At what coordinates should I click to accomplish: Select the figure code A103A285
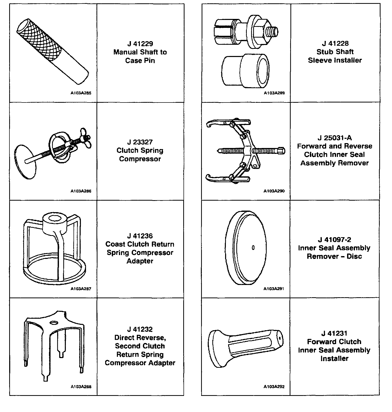(x=81, y=93)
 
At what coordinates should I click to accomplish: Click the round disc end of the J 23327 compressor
(x=25, y=162)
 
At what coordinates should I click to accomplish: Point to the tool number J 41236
(x=140, y=236)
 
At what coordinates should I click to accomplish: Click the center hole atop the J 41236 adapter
(x=54, y=218)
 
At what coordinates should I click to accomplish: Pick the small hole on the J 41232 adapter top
(x=54, y=323)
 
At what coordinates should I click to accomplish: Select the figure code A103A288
(x=81, y=387)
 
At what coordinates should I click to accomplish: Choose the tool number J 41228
(x=335, y=43)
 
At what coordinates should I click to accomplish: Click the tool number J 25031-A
(x=335, y=138)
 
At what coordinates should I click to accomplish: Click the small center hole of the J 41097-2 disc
(x=253, y=248)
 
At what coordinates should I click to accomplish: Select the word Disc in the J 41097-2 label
(x=354, y=256)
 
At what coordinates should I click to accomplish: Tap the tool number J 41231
(x=334, y=333)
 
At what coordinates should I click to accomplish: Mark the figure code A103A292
(x=274, y=387)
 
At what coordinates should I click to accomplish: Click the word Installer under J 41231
(x=334, y=359)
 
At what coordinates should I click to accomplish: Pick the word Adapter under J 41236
(x=140, y=261)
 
